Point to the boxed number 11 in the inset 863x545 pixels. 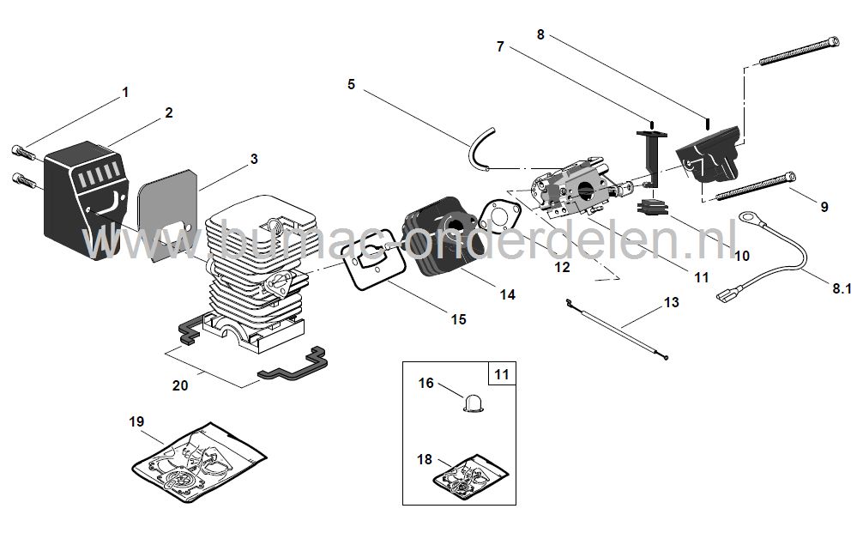coord(502,374)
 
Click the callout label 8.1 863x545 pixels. coord(841,290)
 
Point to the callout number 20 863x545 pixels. coord(180,385)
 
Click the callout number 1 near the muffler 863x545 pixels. coord(125,92)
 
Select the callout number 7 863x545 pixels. coord(500,47)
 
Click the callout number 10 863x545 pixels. coord(740,255)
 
